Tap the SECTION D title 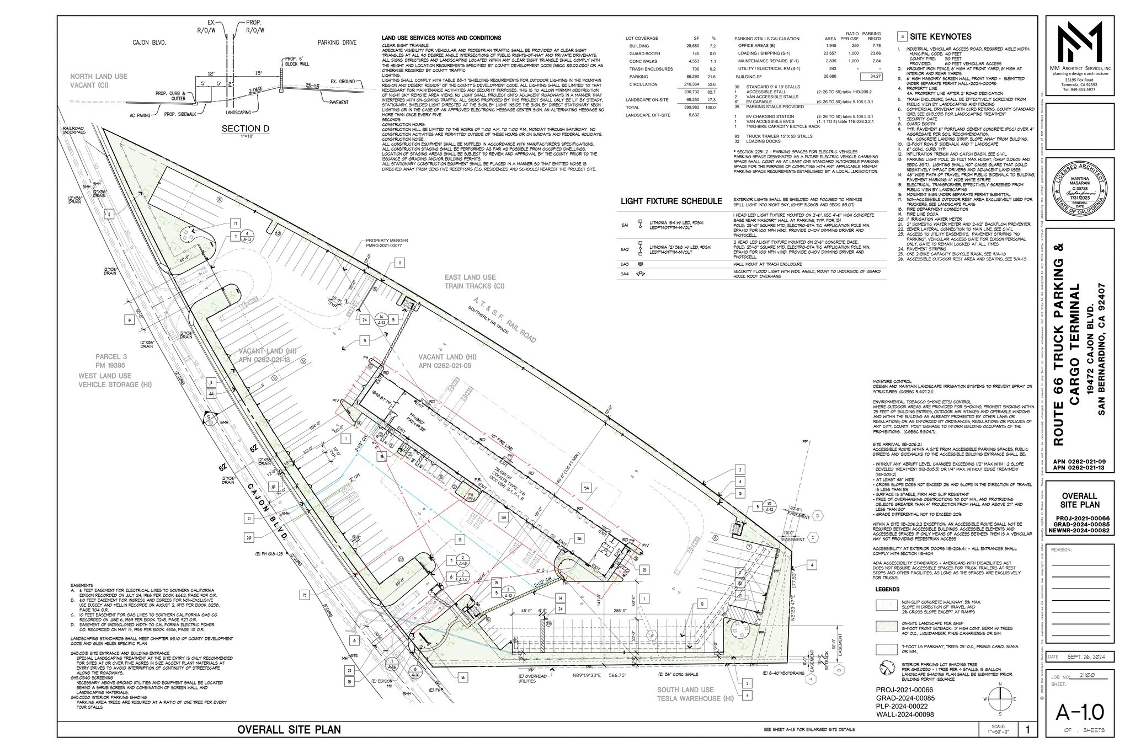click(246, 129)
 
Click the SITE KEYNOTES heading click(941, 37)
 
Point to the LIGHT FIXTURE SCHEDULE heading click(671, 201)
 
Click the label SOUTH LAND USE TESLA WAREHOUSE click(688, 694)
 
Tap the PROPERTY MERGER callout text click(386, 243)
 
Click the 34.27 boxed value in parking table click(875, 77)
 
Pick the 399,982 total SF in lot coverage click(691, 108)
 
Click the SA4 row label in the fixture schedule click(625, 274)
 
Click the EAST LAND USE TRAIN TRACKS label click(474, 282)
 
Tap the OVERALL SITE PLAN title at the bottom click(289, 729)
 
